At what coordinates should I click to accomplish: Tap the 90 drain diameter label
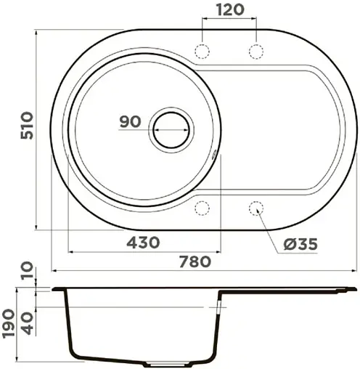pos(131,122)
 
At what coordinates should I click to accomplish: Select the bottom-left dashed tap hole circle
pos(202,209)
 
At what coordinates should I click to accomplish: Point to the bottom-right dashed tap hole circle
pos(256,209)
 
